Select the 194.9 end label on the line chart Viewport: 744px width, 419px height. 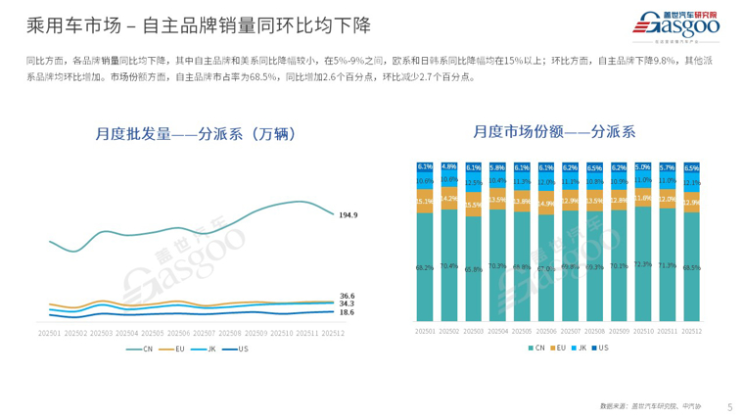pyautogui.click(x=348, y=214)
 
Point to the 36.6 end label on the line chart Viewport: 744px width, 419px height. pyautogui.click(x=347, y=295)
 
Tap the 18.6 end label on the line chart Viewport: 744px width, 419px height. pyautogui.click(x=347, y=312)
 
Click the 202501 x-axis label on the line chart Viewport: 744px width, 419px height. pyautogui.click(x=50, y=333)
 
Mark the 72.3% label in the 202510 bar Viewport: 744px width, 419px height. pyautogui.click(x=644, y=264)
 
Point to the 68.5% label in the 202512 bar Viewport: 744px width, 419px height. pyautogui.click(x=692, y=266)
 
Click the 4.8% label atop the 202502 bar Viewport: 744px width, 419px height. pyautogui.click(x=450, y=167)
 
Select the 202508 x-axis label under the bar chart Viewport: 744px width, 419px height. pyautogui.click(x=595, y=332)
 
